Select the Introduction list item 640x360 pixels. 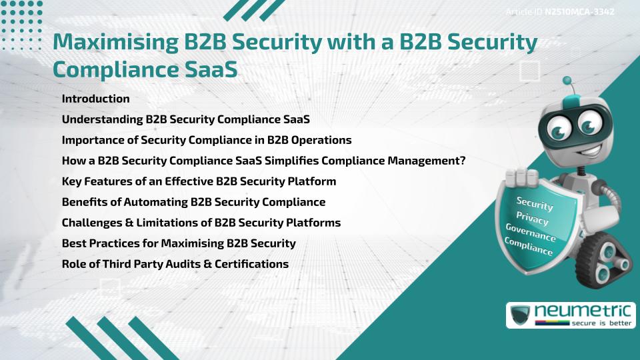(95, 99)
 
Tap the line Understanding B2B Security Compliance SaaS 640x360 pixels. (185, 119)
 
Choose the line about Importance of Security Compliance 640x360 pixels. (206, 140)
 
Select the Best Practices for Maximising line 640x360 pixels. (178, 243)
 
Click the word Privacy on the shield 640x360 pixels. (532, 219)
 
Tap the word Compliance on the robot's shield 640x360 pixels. (528, 247)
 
